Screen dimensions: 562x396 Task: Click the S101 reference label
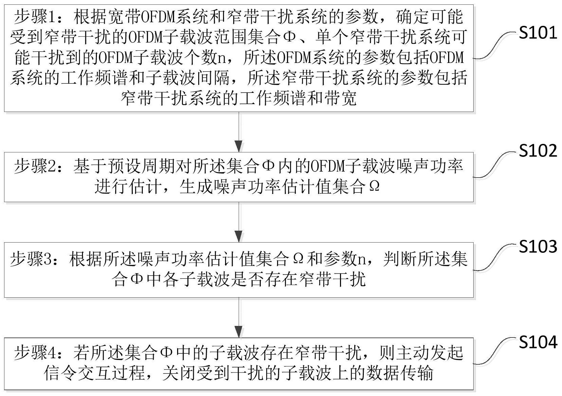[538, 33]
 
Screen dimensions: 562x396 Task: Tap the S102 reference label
[538, 151]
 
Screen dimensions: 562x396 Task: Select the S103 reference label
[538, 246]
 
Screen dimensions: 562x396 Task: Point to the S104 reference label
[538, 342]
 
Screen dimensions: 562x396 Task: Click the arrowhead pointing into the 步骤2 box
[239, 146]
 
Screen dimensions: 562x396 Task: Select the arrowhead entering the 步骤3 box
[239, 236]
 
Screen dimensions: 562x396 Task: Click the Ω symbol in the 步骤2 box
[374, 187]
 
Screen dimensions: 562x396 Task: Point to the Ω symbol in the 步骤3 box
[298, 259]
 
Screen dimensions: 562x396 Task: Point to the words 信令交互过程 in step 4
[94, 373]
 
